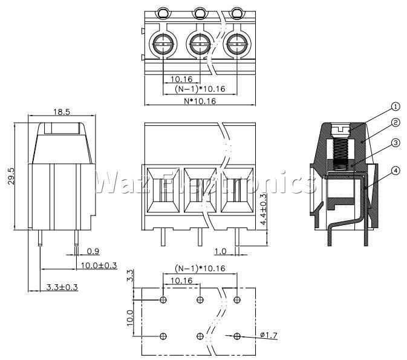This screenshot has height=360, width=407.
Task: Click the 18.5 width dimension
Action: [x=62, y=112]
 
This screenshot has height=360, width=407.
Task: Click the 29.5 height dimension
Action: [x=11, y=176]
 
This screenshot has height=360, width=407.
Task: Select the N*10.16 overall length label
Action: [x=200, y=101]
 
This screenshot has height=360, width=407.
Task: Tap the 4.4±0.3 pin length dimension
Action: [x=263, y=209]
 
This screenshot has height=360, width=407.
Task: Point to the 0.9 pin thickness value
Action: [x=93, y=251]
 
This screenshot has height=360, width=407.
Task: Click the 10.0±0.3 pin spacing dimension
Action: [x=99, y=266]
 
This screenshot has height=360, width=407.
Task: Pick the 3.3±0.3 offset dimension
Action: [x=62, y=287]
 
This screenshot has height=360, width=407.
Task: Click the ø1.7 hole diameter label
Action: [x=269, y=335]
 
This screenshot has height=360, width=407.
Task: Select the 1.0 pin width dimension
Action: [x=220, y=252]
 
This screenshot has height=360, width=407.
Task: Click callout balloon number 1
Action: [x=396, y=106]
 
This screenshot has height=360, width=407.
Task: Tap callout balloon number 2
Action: [x=396, y=122]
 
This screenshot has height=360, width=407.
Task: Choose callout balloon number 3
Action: [x=396, y=143]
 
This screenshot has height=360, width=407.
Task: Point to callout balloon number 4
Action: [x=396, y=171]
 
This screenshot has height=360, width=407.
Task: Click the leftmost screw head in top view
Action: [x=163, y=44]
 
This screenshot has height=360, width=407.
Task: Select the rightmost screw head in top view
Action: [x=237, y=44]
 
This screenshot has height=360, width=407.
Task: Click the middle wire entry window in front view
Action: [x=200, y=190]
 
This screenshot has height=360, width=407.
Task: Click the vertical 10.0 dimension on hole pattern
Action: [x=130, y=318]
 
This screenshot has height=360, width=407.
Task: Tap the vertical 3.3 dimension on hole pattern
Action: [x=130, y=275]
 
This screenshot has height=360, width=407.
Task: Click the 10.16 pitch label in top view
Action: [x=181, y=79]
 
